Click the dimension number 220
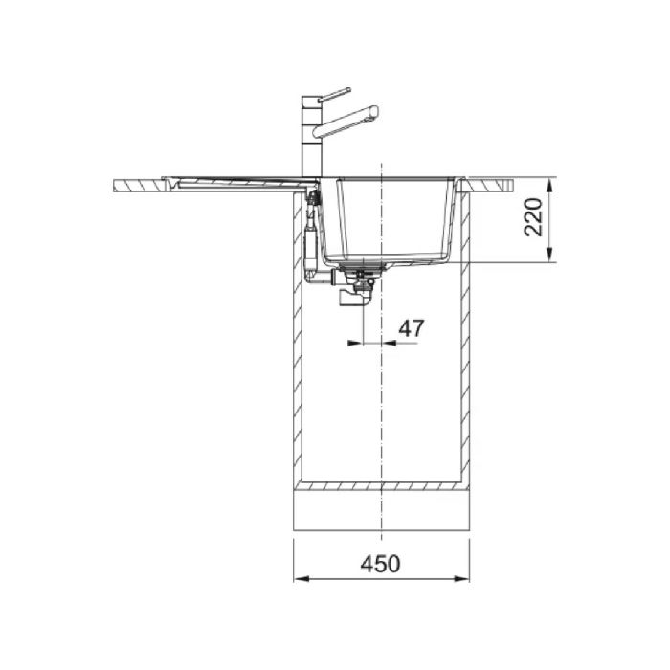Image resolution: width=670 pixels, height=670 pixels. pyautogui.click(x=533, y=217)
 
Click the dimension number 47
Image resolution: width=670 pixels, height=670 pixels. pyautogui.click(x=411, y=327)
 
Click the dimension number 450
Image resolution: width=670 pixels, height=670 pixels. pyautogui.click(x=381, y=564)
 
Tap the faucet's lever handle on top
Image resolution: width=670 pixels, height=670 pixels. pyautogui.click(x=335, y=95)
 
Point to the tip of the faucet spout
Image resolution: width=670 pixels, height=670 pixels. pyautogui.click(x=376, y=112)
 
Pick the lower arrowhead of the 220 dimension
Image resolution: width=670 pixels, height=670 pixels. pyautogui.click(x=550, y=254)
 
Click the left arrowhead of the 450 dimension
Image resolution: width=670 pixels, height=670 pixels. pyautogui.click(x=301, y=579)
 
